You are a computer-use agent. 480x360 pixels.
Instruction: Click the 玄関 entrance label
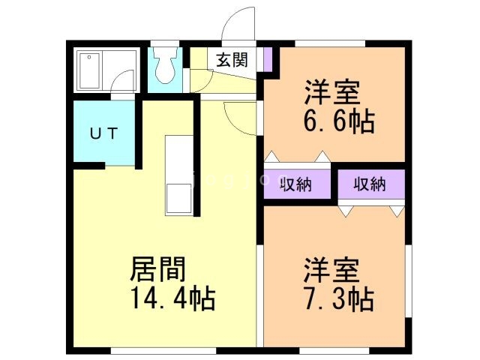pos(232,61)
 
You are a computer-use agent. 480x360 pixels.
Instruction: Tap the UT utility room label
pos(103,134)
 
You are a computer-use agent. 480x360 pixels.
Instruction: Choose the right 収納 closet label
pos(370,183)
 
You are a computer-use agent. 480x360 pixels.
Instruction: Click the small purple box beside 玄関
pos(268,59)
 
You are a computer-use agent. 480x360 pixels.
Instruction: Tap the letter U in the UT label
pos(95,134)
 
